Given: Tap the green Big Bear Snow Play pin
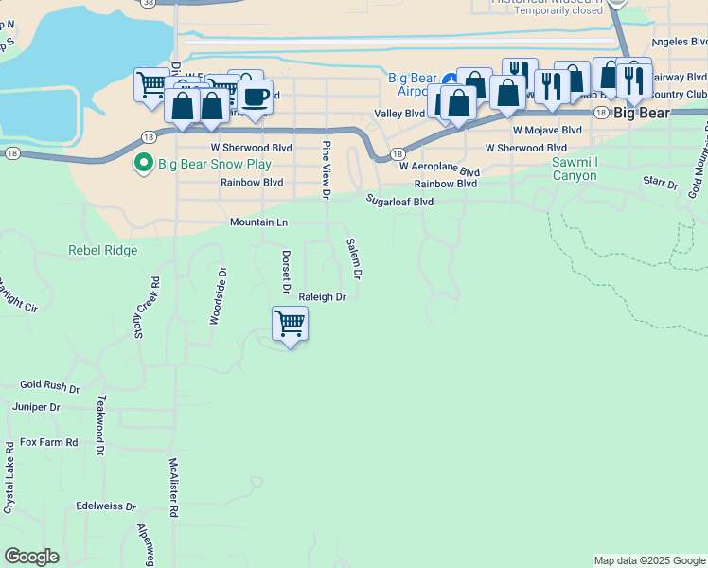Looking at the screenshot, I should (144, 164).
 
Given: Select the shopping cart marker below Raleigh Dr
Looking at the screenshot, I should (290, 325).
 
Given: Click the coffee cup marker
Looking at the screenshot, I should (254, 96).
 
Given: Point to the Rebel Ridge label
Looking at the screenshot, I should (103, 251).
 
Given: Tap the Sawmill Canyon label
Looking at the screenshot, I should (575, 169).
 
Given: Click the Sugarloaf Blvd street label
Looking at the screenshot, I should (400, 202).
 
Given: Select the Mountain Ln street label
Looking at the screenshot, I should (258, 222).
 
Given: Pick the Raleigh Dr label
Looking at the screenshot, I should (323, 297).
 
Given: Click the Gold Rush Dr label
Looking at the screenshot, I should (50, 386).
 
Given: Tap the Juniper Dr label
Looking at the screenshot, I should (36, 407).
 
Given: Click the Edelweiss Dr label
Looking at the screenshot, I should (106, 506).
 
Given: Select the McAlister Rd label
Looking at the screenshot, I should (174, 488).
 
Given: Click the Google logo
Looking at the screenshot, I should (31, 557).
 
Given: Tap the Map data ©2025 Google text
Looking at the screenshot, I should (649, 560).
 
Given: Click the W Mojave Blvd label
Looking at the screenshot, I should (547, 130).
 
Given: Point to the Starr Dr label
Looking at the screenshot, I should (661, 182).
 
